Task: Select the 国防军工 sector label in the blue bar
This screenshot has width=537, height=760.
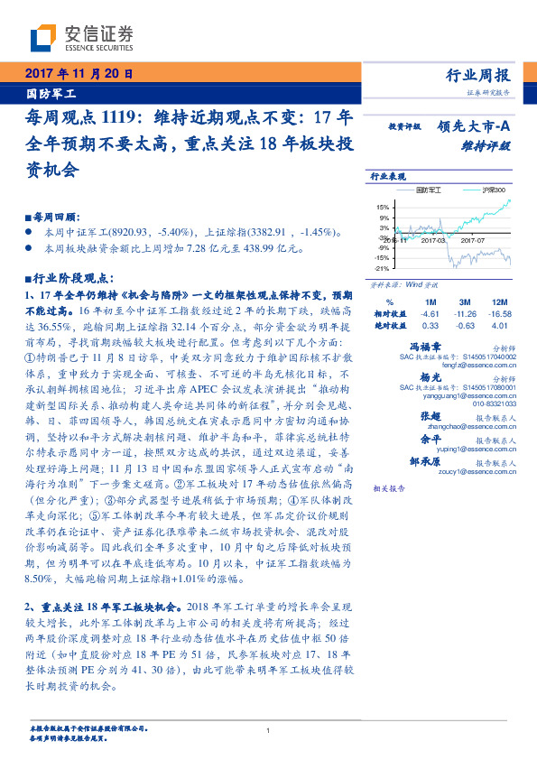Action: point(51,93)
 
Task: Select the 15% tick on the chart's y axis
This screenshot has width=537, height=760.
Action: point(383,208)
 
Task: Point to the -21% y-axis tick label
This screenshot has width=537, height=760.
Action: point(382,268)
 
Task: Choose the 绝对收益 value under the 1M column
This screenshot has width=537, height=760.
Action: point(430,325)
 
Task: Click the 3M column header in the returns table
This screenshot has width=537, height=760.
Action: point(465,301)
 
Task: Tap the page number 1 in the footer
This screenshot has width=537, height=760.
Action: point(268,730)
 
